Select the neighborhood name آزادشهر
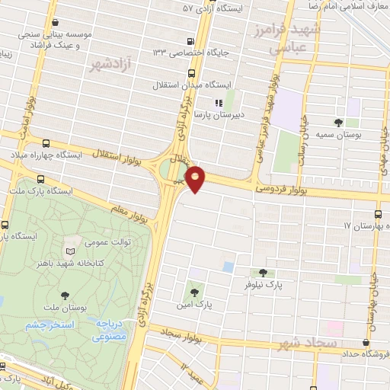[x=109, y=62]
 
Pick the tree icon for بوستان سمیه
[x=338, y=122]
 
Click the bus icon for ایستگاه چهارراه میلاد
[x=47, y=142]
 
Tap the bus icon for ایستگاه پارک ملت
[x=40, y=180]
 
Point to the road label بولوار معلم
[x=129, y=207]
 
